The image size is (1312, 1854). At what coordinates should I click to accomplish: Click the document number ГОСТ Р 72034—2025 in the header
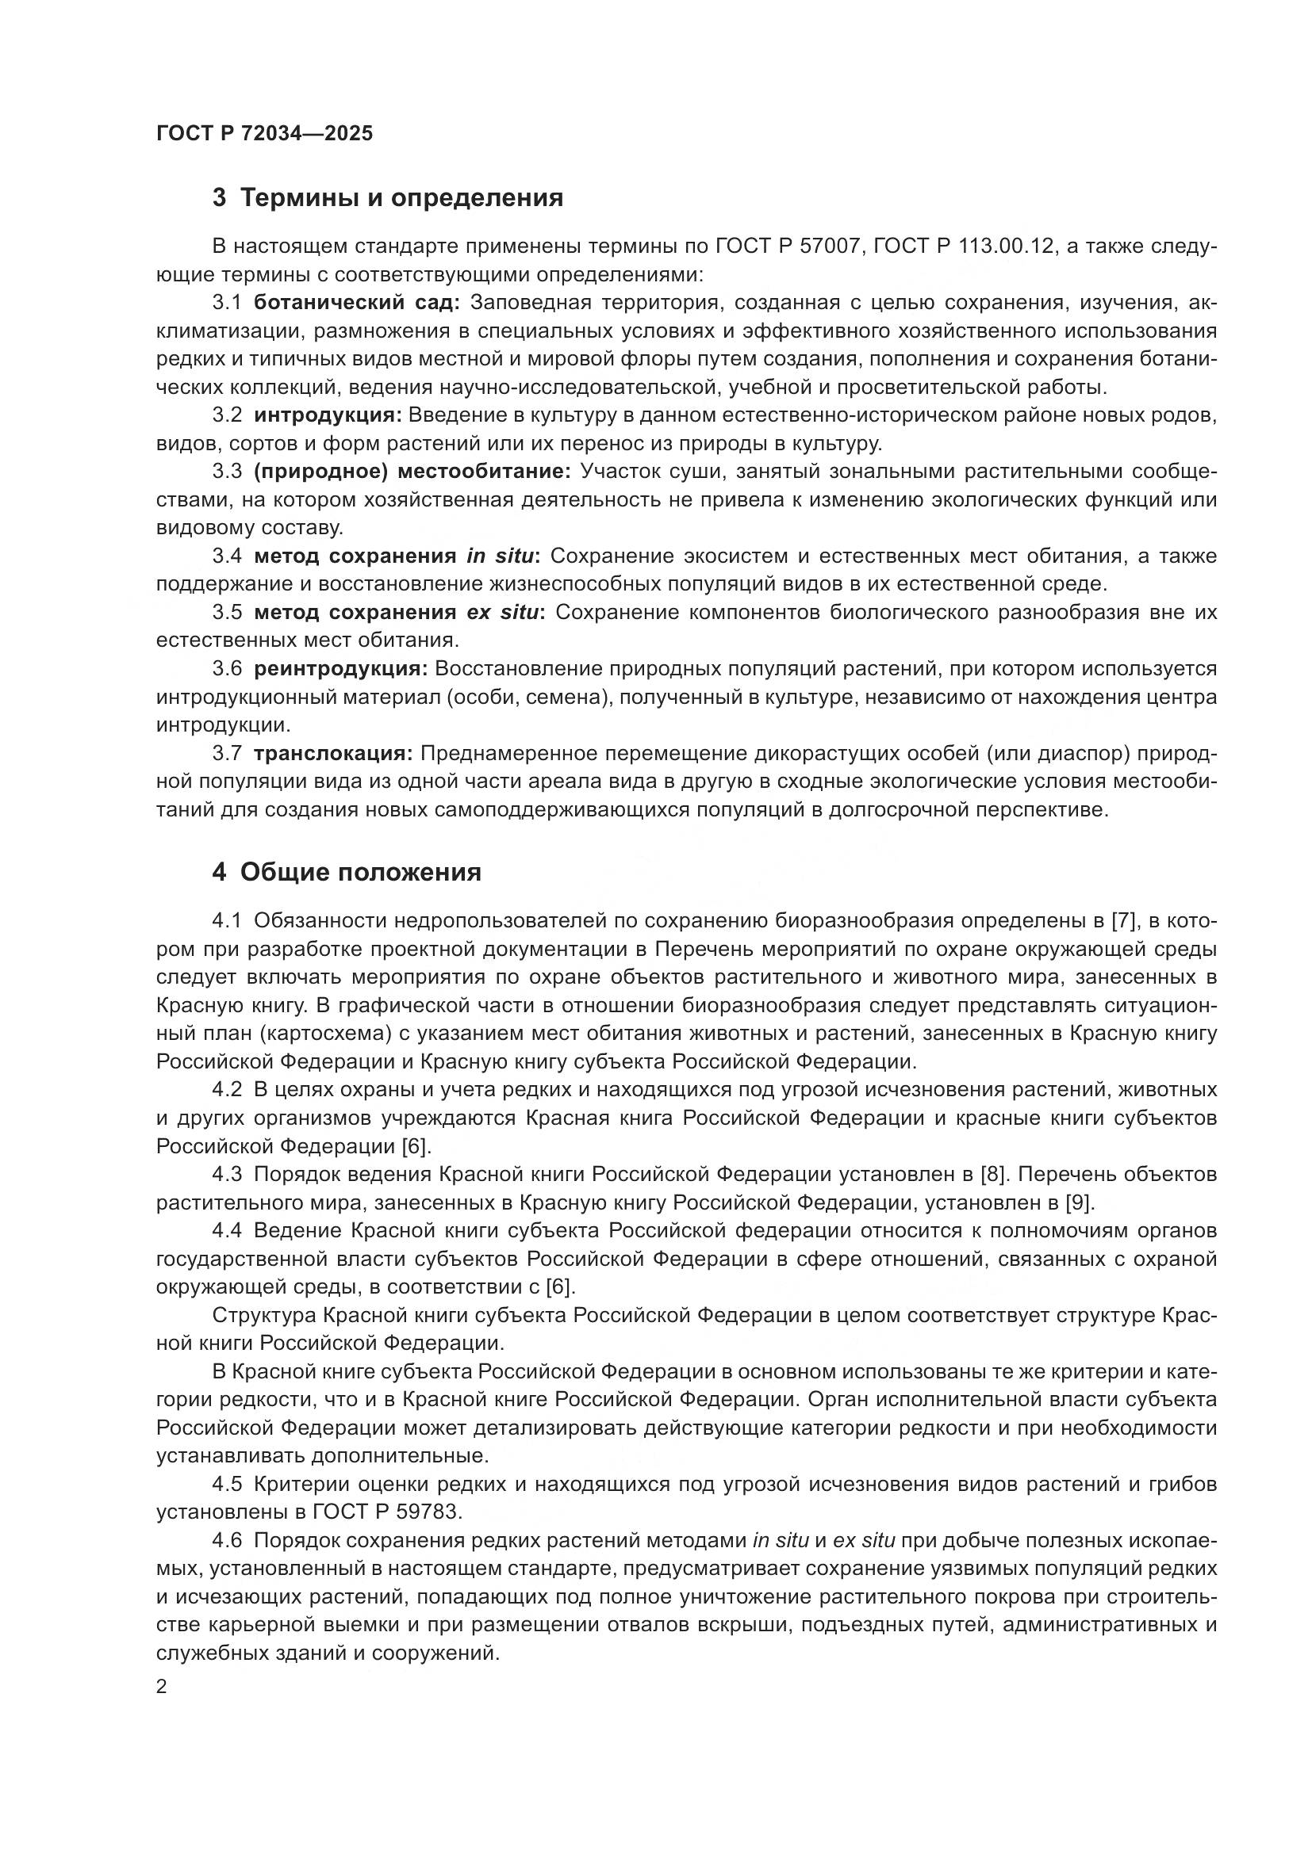pyautogui.click(x=265, y=134)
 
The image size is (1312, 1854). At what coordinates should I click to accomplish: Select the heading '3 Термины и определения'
pyautogui.click(x=388, y=198)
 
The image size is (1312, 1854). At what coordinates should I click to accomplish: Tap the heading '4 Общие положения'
pyautogui.click(x=347, y=873)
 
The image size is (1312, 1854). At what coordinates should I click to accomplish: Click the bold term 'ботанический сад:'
pyautogui.click(x=356, y=303)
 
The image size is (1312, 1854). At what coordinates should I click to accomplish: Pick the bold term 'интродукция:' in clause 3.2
pyautogui.click(x=327, y=416)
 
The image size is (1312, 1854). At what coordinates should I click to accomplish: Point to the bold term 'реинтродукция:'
pyautogui.click(x=340, y=669)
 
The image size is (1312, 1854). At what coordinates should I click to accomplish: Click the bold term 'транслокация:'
pyautogui.click(x=333, y=753)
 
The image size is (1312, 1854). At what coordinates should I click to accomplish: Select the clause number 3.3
pyautogui.click(x=227, y=472)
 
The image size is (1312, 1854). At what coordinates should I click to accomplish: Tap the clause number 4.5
pyautogui.click(x=227, y=1483)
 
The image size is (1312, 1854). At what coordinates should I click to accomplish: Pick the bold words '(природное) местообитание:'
pyautogui.click(x=412, y=472)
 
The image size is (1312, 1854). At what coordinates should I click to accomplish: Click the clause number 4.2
pyautogui.click(x=227, y=1090)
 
